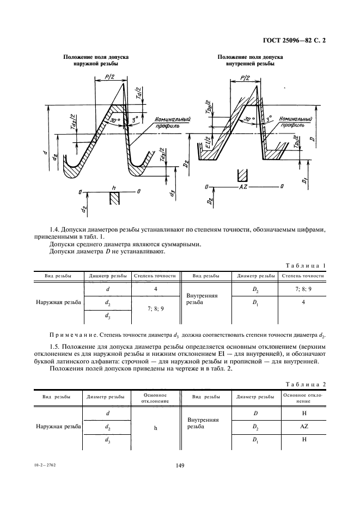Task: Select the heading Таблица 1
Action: pos(306,265)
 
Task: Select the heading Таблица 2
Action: pos(306,385)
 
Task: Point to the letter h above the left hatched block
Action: pos(113,187)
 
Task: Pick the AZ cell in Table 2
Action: pos(304,427)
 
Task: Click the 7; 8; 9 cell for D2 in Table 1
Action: pos(303,289)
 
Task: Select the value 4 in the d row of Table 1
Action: pos(156,289)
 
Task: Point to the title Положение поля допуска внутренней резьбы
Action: pos(250,60)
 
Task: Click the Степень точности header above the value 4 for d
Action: pos(156,276)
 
